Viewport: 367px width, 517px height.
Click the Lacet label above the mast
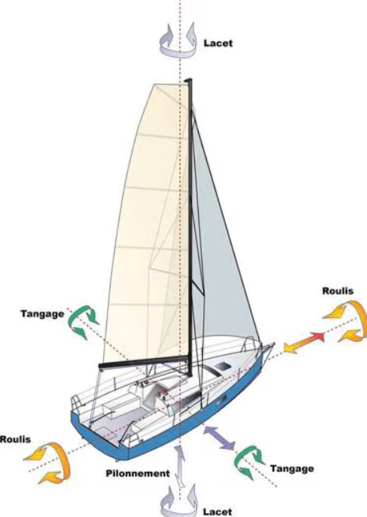[218, 43]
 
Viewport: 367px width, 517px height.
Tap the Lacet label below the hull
[217, 511]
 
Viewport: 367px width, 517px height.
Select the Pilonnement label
[138, 473]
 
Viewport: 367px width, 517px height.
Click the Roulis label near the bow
[338, 291]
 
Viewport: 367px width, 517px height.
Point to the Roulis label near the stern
[15, 439]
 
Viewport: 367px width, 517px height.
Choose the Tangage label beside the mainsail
[43, 314]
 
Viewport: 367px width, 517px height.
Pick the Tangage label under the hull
[292, 469]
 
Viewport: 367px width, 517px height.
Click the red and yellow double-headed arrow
[304, 344]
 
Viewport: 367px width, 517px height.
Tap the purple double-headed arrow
[220, 438]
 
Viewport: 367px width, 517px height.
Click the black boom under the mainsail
[144, 362]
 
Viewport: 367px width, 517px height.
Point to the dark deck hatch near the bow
[223, 366]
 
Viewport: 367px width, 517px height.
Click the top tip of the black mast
[189, 79]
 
